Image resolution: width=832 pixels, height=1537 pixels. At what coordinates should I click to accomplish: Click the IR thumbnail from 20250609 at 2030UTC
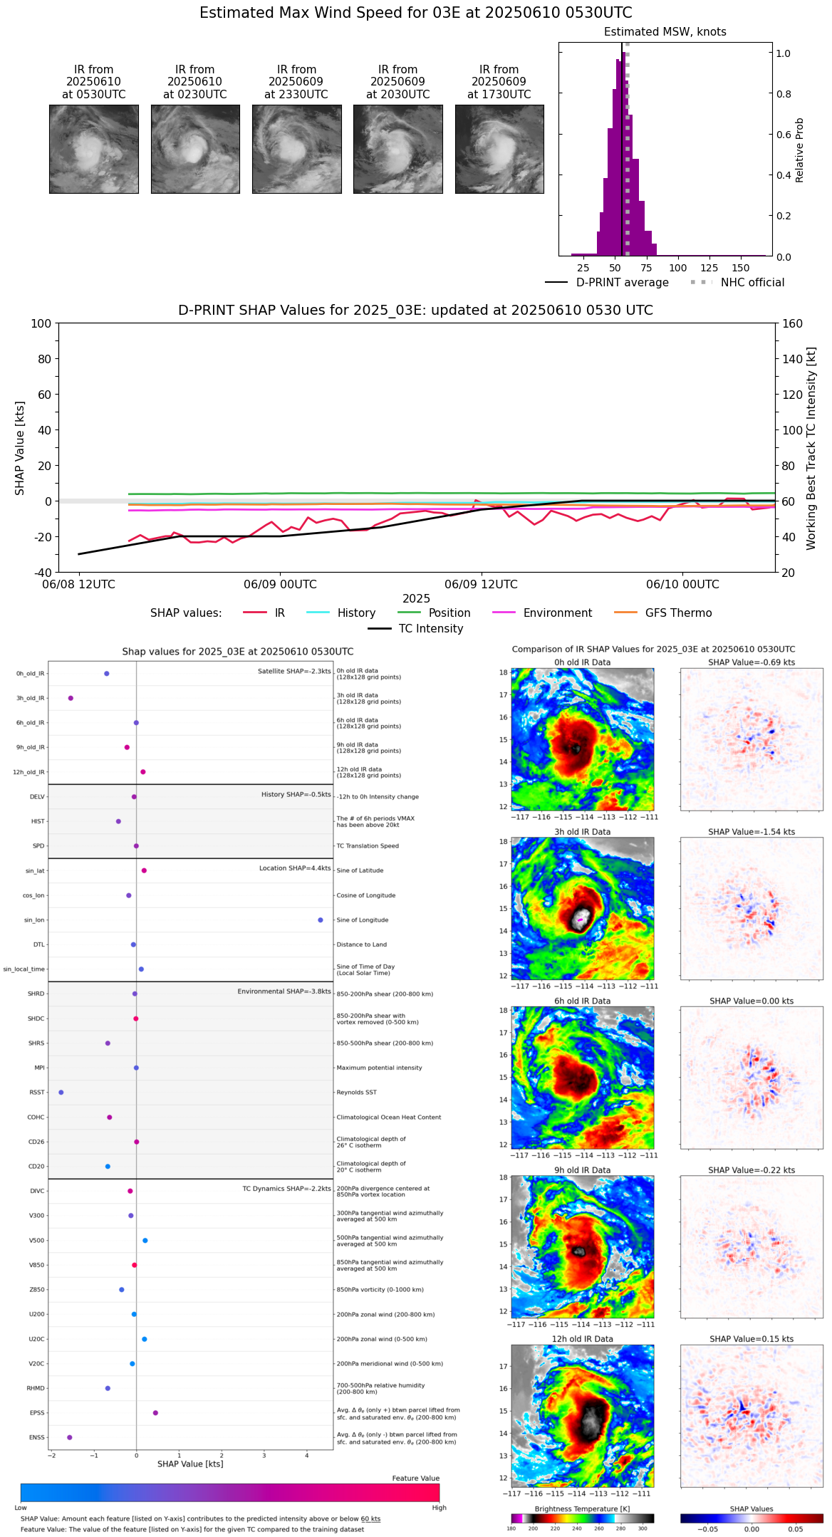(397, 149)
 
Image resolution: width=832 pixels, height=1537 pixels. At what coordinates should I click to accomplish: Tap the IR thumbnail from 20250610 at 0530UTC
(93, 149)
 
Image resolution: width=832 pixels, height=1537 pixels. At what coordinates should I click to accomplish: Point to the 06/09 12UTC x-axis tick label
(481, 585)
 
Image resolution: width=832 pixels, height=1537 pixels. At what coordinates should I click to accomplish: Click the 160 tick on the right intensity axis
(792, 324)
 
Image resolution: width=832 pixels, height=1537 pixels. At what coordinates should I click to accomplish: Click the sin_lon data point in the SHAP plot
(321, 920)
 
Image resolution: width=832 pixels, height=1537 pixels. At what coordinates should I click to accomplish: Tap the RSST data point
(61, 1093)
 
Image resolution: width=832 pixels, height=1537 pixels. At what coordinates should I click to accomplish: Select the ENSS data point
(70, 1437)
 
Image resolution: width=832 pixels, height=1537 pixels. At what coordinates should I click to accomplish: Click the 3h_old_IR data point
(71, 698)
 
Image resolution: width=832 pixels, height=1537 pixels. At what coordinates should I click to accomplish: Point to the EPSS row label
(37, 1413)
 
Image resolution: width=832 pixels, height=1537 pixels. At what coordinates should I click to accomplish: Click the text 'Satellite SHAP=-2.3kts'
(294, 672)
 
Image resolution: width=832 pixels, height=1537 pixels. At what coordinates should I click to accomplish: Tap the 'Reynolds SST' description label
(356, 1093)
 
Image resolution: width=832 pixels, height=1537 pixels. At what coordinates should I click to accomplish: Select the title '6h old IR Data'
(582, 1001)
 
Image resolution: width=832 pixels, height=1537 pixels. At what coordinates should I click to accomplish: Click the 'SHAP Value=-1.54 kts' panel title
(752, 832)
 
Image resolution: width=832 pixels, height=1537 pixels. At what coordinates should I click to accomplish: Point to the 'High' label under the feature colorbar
(439, 1508)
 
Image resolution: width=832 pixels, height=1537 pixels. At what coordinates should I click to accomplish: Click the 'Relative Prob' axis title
(799, 150)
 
